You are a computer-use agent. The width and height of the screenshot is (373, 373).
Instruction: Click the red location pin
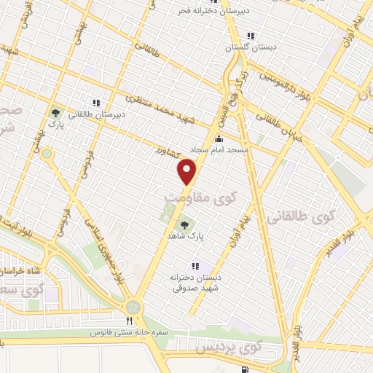pyautogui.click(x=188, y=172)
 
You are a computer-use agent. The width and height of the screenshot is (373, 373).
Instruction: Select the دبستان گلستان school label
pyautogui.click(x=232, y=47)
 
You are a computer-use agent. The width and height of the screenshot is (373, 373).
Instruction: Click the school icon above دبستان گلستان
pyautogui.click(x=251, y=36)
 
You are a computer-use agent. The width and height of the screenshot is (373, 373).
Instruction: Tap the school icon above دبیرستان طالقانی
pyautogui.click(x=96, y=103)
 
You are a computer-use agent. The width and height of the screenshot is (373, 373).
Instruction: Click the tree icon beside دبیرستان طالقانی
pyautogui.click(x=55, y=113)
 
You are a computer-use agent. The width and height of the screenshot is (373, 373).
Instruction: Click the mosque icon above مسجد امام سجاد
pyautogui.click(x=219, y=138)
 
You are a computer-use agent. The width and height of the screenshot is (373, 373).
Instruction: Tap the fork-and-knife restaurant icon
pyautogui.click(x=129, y=321)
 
